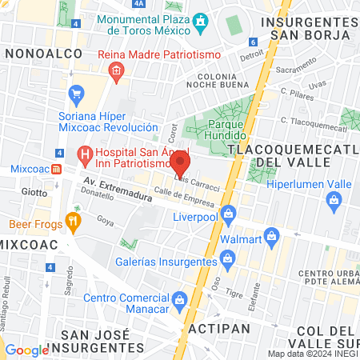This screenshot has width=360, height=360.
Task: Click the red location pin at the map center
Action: (x=180, y=164)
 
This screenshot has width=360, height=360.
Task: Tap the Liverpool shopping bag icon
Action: (x=229, y=213)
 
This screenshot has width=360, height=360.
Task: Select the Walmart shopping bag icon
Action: (x=271, y=236)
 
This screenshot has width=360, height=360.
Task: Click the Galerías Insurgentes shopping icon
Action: (x=229, y=258)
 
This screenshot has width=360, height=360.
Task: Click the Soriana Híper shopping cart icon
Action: (x=77, y=94)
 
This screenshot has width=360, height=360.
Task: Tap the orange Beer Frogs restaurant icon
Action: (x=74, y=222)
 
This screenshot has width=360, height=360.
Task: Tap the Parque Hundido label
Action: (x=230, y=130)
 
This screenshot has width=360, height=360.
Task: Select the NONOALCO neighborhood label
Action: (x=38, y=52)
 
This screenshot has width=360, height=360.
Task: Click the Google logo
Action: (x=26, y=350)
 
